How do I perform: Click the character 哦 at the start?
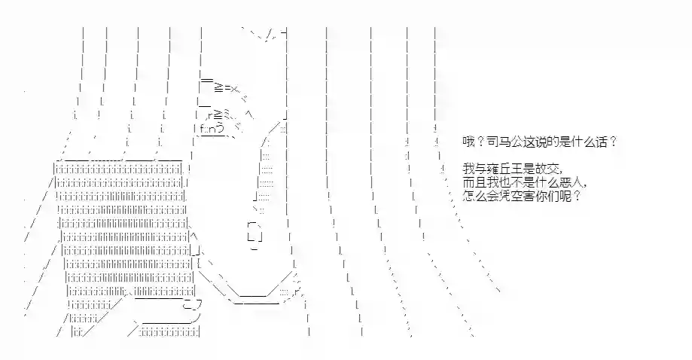pos(468,142)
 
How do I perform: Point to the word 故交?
pos(547,169)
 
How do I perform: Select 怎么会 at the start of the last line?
pos(480,196)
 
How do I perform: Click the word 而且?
pos(474,182)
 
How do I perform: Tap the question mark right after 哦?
pos(480,142)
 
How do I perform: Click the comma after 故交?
pos(562,172)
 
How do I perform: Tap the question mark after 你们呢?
pos(577,196)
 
